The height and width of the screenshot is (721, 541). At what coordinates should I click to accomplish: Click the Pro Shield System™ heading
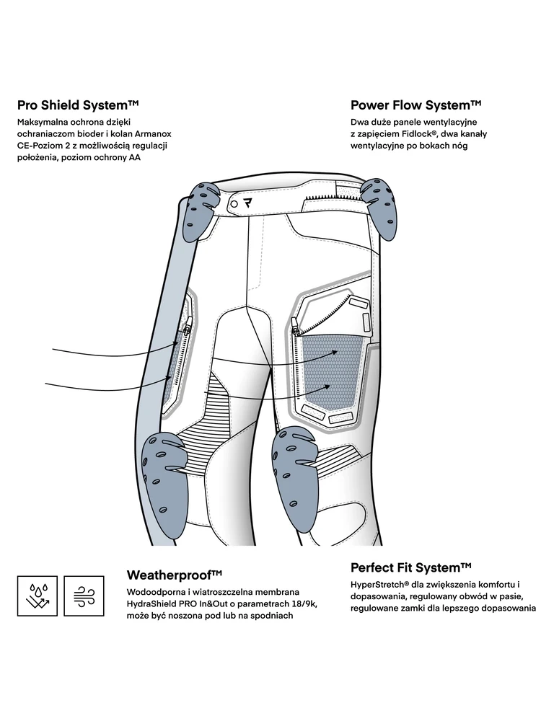[x=78, y=105]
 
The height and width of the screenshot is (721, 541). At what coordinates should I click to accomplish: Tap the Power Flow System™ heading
[x=416, y=105]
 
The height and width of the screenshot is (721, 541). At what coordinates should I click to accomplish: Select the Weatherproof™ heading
[x=174, y=575]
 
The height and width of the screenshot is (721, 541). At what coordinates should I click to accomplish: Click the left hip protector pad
[x=201, y=211]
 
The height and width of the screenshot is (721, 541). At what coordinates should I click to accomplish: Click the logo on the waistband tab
[x=247, y=203]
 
